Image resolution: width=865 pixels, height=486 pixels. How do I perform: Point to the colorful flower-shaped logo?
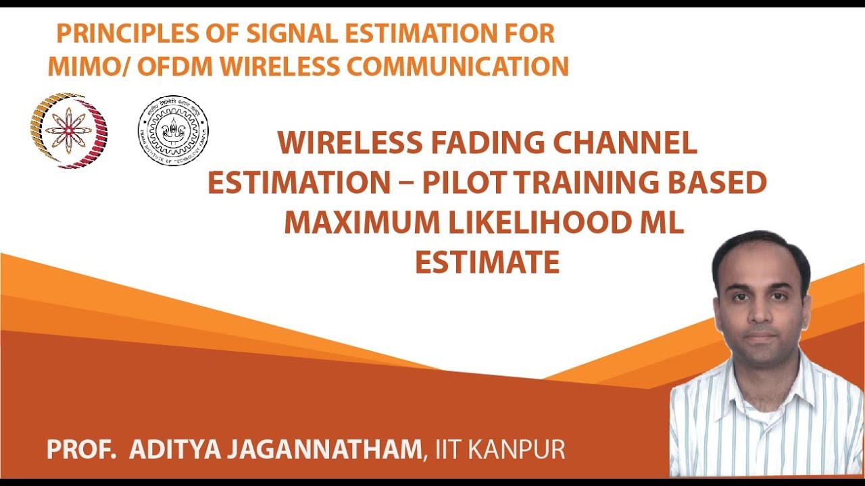coord(68,130)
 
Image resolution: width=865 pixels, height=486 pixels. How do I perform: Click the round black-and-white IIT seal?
coord(173,130)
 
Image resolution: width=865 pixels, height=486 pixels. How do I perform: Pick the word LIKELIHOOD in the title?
coord(523,223)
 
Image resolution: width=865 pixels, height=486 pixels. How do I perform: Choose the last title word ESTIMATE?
coord(487,263)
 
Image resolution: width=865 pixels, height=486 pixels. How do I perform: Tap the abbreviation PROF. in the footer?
coord(80,450)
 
